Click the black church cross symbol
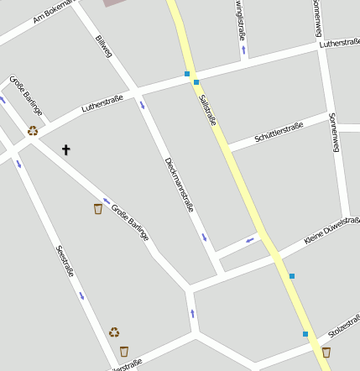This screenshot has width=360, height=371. tap(66, 149)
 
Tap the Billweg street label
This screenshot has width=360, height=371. tap(103, 46)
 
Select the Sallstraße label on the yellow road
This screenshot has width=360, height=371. tap(208, 109)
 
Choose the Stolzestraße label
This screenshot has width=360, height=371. tap(344, 327)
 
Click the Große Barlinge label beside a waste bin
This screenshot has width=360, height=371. tap(129, 218)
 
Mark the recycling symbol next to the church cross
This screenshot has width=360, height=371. tap(33, 130)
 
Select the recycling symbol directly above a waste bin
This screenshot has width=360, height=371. tap(114, 332)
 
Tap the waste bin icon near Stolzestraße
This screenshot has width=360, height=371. tap(326, 353)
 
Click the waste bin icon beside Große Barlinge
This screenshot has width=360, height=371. tap(98, 208)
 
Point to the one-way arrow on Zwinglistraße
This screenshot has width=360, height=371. tap(243, 50)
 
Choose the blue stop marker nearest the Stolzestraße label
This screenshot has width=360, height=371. tap(305, 334)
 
